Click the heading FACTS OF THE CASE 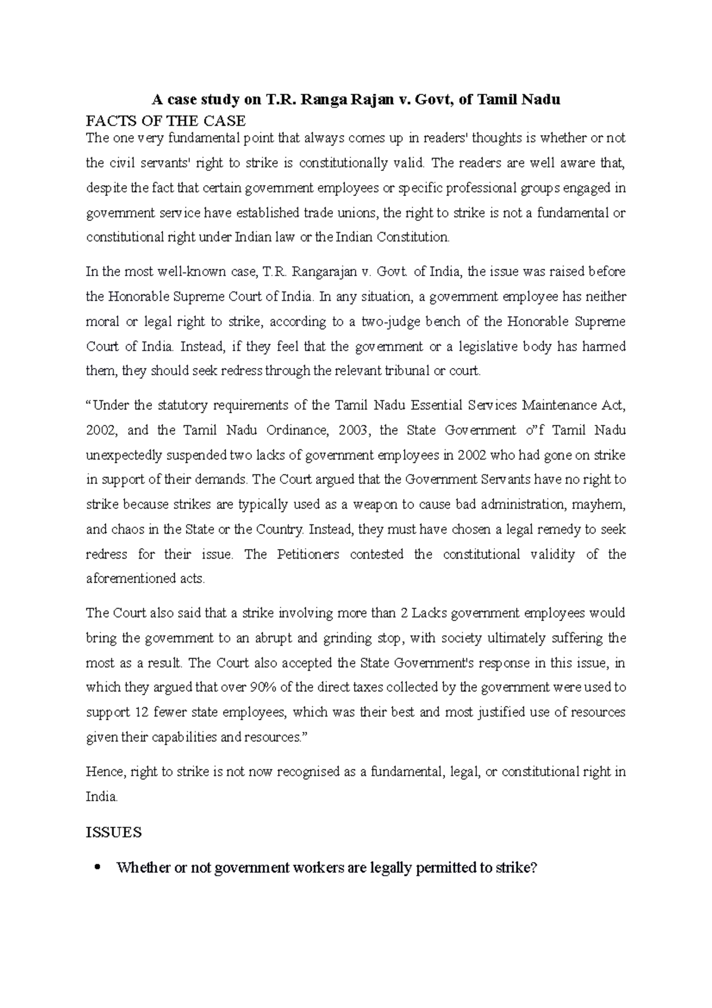pyautogui.click(x=166, y=121)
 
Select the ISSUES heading pyautogui.click(x=114, y=832)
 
